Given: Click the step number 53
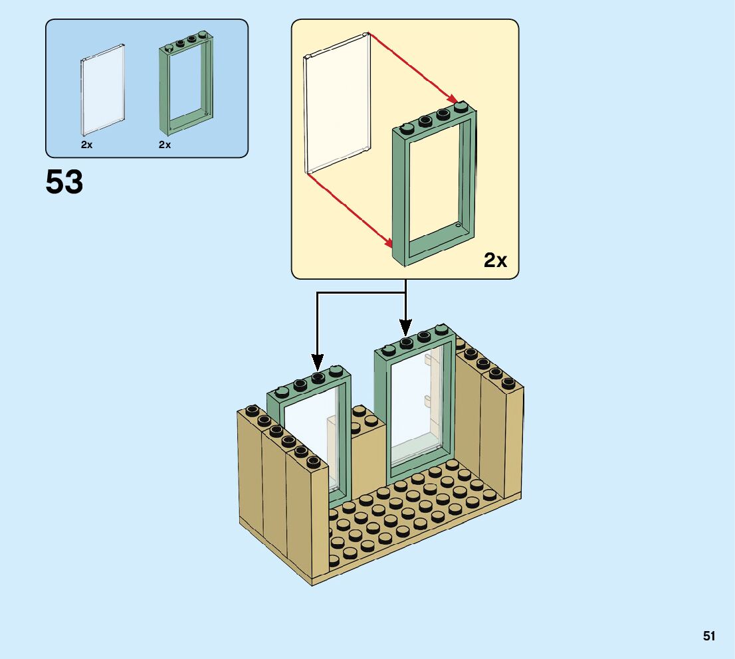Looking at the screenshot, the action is point(64,182).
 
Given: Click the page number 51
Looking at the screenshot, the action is point(709,636).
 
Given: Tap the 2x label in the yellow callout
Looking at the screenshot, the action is point(495,260).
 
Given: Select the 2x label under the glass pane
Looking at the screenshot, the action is point(87,144).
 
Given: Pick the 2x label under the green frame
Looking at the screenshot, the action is point(165,144).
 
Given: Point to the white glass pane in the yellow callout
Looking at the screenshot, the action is point(338,103).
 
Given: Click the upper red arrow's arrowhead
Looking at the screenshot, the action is point(455,100).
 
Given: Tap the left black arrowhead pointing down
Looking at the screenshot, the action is point(318,364).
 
